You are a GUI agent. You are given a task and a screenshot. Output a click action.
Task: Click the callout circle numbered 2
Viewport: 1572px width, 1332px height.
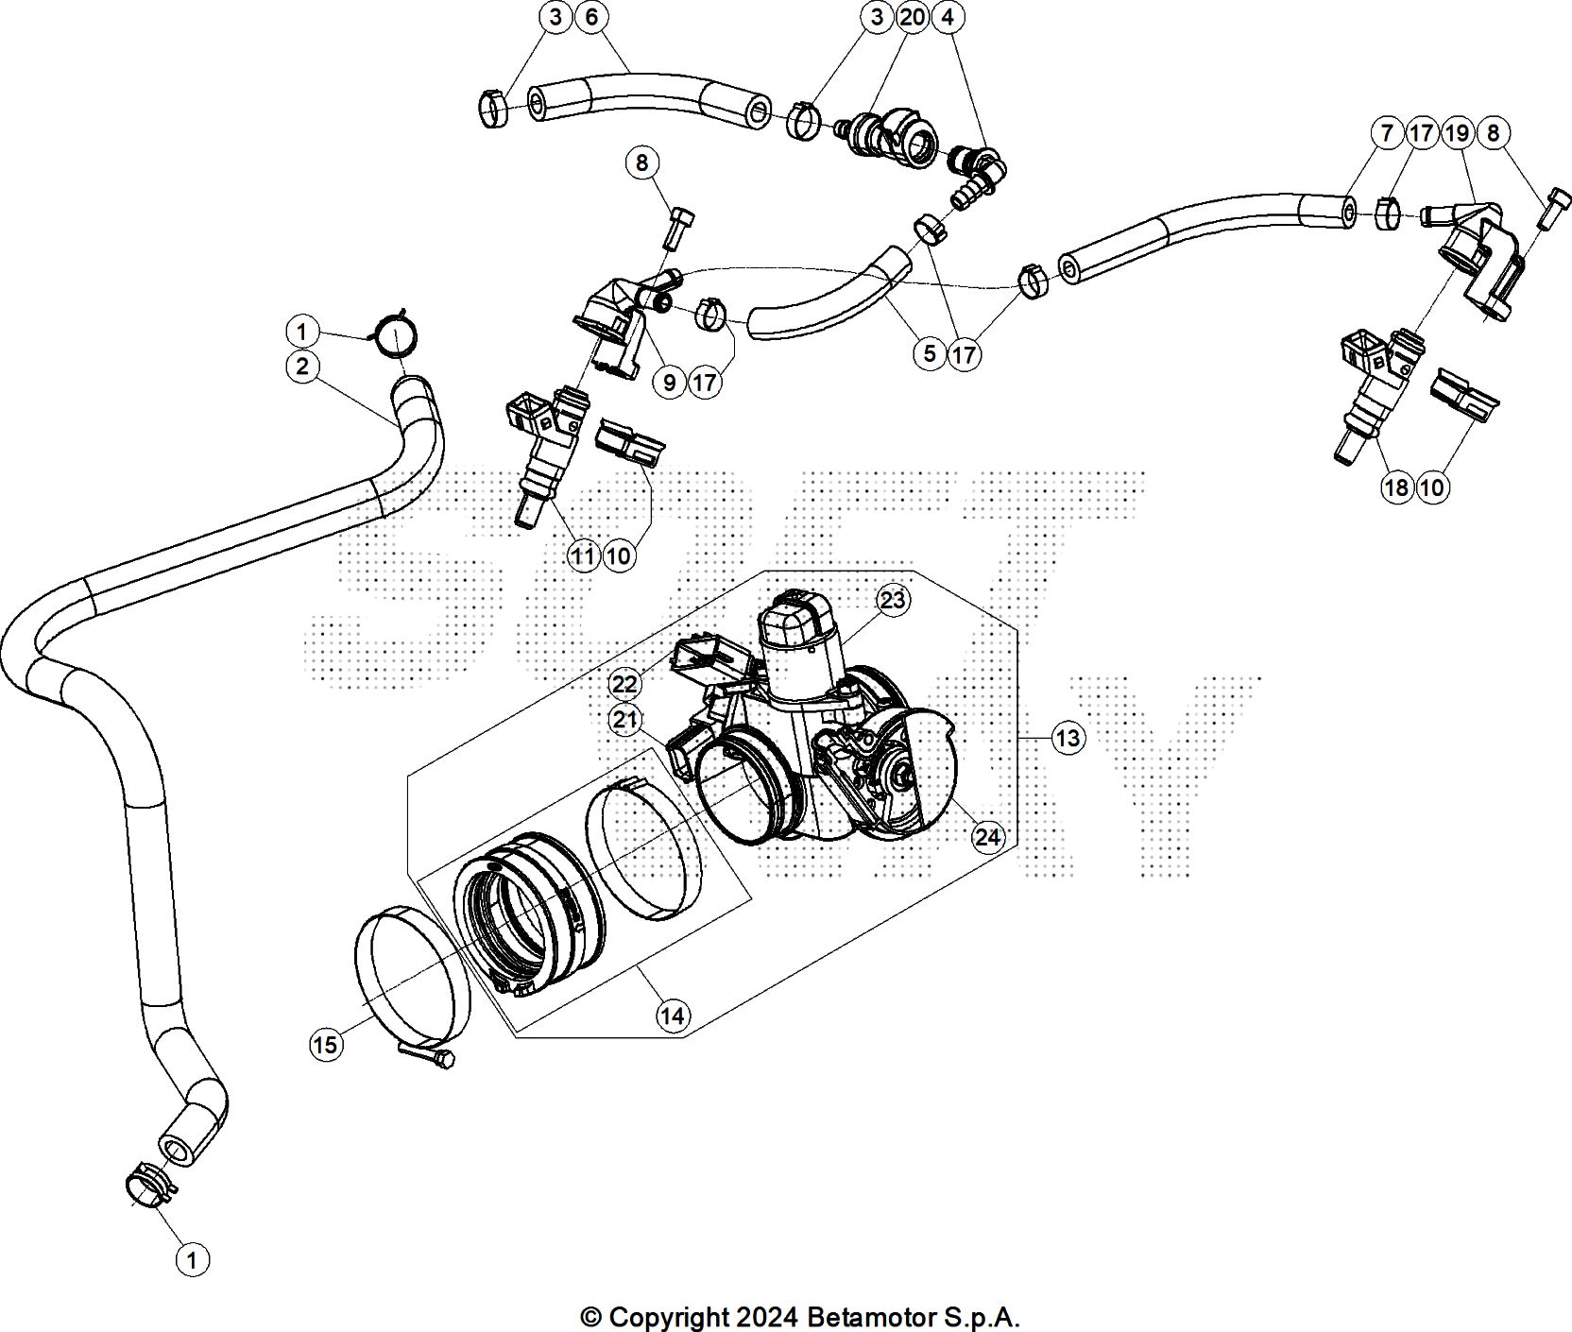click(x=301, y=367)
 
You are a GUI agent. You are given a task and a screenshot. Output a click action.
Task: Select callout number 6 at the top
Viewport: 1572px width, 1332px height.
click(x=591, y=17)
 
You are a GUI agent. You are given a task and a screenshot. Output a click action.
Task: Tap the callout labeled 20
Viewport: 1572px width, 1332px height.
click(x=913, y=17)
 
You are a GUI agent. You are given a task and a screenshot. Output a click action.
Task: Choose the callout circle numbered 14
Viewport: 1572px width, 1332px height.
click(x=672, y=1016)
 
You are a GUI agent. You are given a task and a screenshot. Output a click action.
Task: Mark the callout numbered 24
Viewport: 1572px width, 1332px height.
click(x=987, y=837)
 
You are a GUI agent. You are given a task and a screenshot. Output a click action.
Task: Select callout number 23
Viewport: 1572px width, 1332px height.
click(x=892, y=600)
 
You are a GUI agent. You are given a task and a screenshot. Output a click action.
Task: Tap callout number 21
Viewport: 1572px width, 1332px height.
click(x=624, y=721)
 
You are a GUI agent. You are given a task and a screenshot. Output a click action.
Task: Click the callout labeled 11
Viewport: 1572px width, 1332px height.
click(x=583, y=556)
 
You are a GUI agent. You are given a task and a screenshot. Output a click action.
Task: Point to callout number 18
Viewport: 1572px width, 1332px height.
click(x=1395, y=487)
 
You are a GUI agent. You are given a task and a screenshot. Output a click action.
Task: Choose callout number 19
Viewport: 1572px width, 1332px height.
click(x=1457, y=133)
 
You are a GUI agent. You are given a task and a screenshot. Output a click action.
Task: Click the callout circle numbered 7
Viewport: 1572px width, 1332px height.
click(x=1386, y=133)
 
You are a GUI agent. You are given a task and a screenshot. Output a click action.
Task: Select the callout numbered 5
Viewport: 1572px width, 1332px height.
click(x=930, y=353)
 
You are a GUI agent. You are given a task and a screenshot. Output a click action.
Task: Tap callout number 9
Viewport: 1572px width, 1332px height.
click(x=670, y=382)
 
